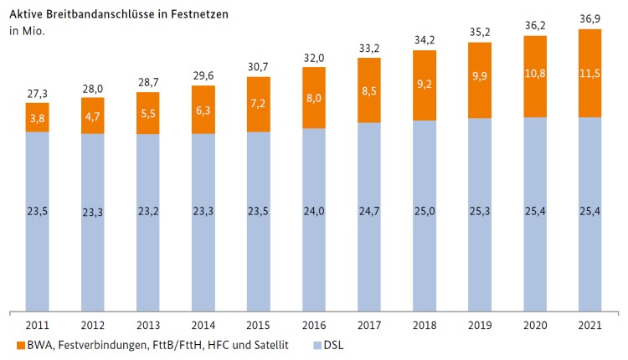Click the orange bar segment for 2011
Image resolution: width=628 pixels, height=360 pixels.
[37, 117]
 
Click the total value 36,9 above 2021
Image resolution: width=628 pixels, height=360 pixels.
[589, 19]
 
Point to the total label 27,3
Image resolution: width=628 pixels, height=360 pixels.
[37, 93]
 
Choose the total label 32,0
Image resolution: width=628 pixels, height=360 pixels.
[313, 57]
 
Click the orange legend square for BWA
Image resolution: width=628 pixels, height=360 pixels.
[19, 344]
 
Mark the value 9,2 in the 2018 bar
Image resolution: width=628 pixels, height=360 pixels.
[424, 85]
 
